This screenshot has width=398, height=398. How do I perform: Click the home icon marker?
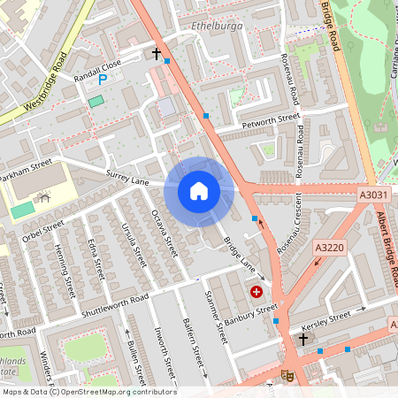coord(199,190)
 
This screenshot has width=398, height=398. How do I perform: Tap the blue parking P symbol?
coord(103,79)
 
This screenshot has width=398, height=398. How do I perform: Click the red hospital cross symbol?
coord(256,291)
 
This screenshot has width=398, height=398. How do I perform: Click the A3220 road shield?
coord(329,250)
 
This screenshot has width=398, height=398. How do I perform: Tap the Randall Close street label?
coord(96,65)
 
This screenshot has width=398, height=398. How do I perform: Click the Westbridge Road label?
coord(44,82)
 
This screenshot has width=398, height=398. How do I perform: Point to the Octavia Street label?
coord(165,233)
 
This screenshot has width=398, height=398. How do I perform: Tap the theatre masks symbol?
coord(287,375)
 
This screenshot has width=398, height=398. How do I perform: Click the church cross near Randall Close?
coord(157,54)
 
